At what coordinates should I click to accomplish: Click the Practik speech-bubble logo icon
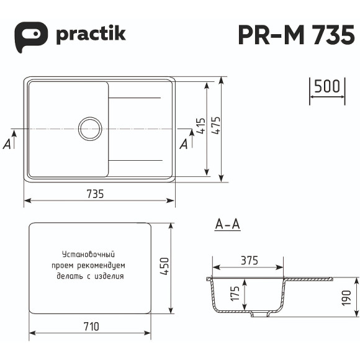click(x=31, y=34)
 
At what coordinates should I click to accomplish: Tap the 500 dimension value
click(x=326, y=86)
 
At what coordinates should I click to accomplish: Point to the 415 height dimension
click(x=200, y=128)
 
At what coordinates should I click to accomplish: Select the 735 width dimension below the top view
click(x=95, y=193)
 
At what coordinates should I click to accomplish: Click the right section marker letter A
click(x=184, y=144)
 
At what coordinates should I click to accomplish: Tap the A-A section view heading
click(x=227, y=225)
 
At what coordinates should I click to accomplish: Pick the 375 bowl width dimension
click(x=248, y=261)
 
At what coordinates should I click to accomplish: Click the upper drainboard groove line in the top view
click(x=135, y=98)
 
